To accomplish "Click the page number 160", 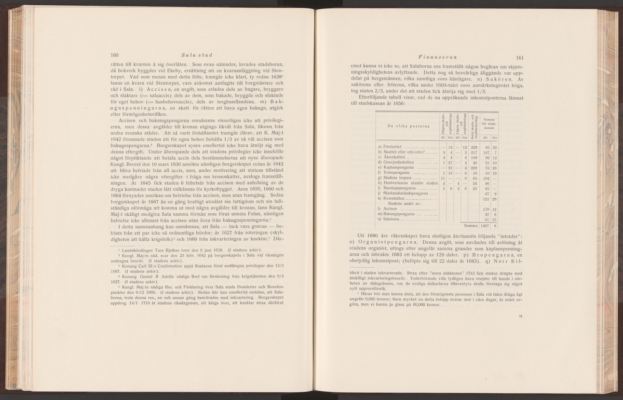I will coord(115,55).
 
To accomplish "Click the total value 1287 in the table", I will coord(484,226).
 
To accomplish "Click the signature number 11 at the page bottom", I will coord(521,330).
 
